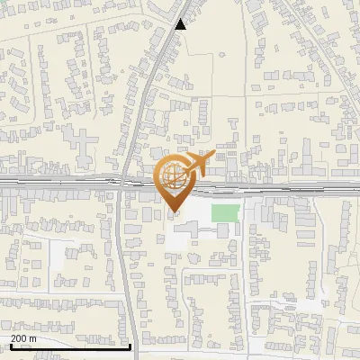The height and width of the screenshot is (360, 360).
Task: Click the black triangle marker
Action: [x=181, y=24]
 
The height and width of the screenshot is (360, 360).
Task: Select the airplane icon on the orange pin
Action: [x=198, y=165]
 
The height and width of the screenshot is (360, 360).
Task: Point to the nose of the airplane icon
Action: [x=213, y=156]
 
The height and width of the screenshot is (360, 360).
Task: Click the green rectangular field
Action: [x=226, y=214]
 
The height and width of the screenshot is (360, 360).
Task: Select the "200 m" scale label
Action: [x=23, y=338]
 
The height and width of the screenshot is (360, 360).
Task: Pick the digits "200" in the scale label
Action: [x=19, y=338]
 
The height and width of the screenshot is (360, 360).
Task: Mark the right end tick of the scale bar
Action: [x=130, y=346]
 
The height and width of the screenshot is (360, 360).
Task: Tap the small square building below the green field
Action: [x=222, y=231]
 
